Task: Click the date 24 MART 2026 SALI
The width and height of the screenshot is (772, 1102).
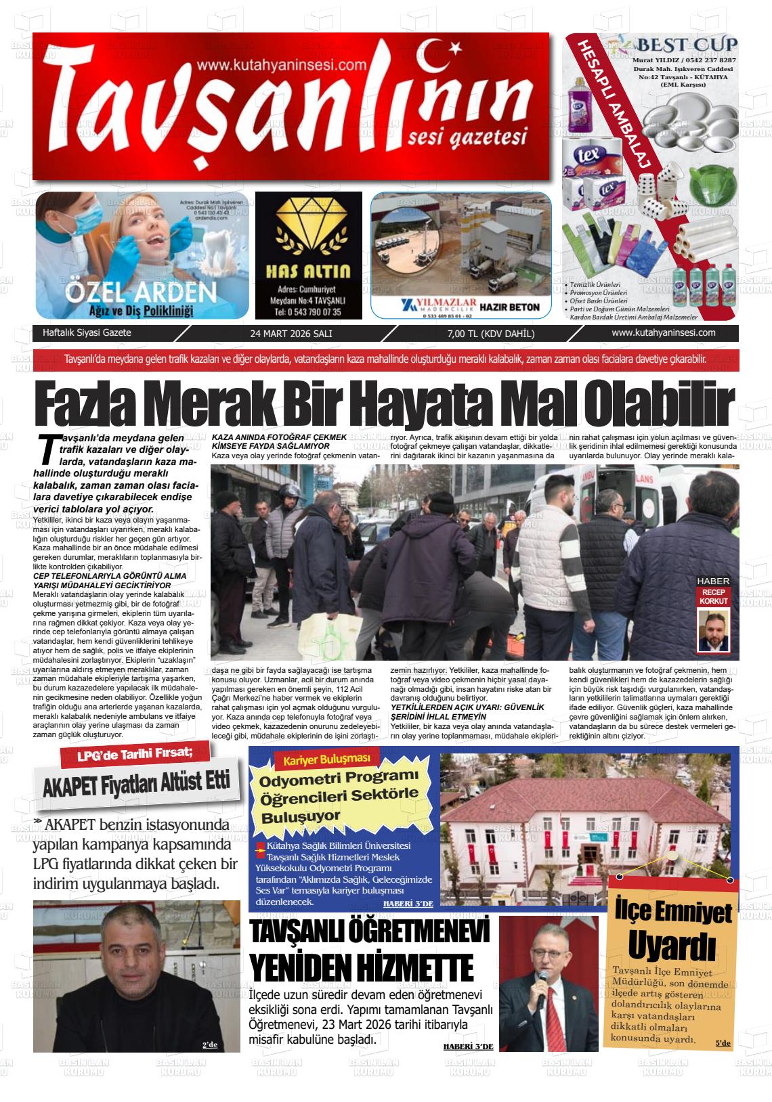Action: pyautogui.click(x=291, y=334)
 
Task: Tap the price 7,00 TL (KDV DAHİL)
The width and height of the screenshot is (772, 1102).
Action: pyautogui.click(x=490, y=334)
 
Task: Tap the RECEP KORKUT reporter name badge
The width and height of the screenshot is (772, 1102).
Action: pyautogui.click(x=714, y=596)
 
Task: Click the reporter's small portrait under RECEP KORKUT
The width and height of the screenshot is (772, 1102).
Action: pyautogui.click(x=714, y=631)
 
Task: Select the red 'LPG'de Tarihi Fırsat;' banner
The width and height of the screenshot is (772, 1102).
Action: pyautogui.click(x=136, y=755)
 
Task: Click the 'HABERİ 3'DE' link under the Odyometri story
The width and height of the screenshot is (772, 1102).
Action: pyautogui.click(x=408, y=904)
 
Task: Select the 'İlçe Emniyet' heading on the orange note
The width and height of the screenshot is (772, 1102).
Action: pyautogui.click(x=672, y=911)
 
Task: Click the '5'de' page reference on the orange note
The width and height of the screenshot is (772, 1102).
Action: pyautogui.click(x=723, y=1043)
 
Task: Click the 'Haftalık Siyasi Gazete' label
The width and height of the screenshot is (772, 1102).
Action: pyautogui.click(x=87, y=333)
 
